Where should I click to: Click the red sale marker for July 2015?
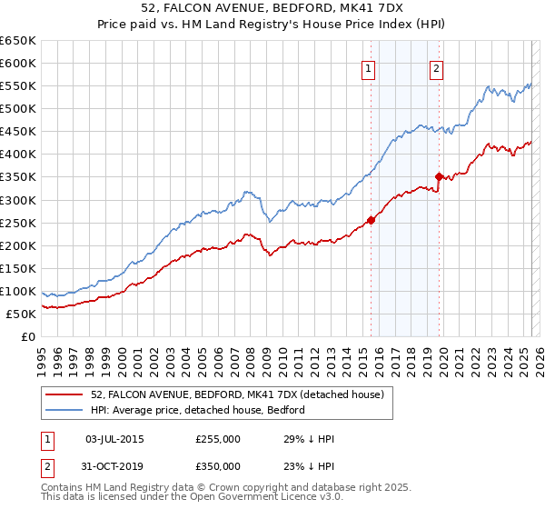[x=371, y=219]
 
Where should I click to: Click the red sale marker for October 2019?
[x=439, y=176]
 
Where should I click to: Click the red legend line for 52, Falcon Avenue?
[x=64, y=394]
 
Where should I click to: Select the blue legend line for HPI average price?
[x=64, y=410]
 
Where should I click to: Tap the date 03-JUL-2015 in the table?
[x=114, y=439]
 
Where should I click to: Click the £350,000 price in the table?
[x=218, y=466]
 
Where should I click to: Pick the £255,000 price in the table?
[x=218, y=439]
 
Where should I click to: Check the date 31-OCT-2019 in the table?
[x=114, y=466]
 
